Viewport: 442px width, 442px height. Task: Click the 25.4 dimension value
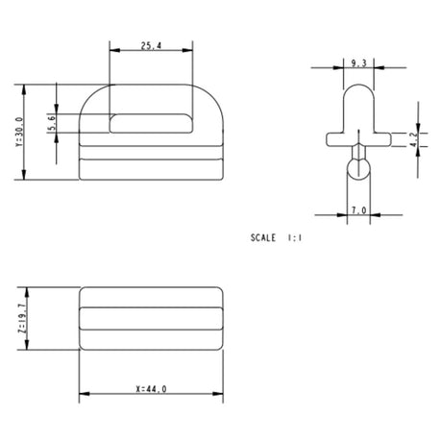tap(151, 46)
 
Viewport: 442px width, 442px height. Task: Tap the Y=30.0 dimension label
tap(19, 132)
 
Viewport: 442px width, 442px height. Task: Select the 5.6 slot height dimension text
tap(52, 123)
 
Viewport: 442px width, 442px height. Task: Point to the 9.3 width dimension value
tap(358, 63)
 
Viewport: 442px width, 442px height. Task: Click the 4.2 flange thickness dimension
tap(414, 139)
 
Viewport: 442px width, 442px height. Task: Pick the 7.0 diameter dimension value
tap(358, 210)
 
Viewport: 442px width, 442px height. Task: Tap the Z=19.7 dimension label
tap(22, 318)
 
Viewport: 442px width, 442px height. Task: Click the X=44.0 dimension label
tap(151, 389)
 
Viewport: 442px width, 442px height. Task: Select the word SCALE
tap(263, 237)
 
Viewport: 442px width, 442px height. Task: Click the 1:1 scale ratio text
tap(295, 237)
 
